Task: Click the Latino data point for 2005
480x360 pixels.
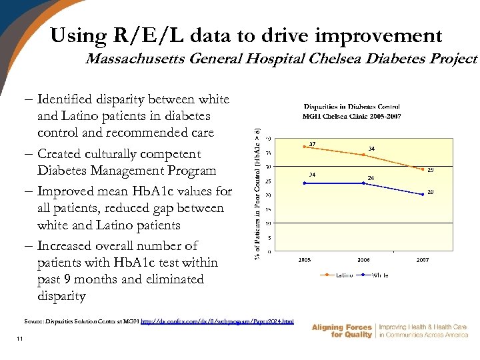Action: tap(304, 147)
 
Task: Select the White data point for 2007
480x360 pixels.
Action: tap(423, 194)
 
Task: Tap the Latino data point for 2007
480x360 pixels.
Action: tap(423, 169)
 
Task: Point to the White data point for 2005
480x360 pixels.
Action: tap(304, 183)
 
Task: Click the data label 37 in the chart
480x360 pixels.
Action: tap(312, 143)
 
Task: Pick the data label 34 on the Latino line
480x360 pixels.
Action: tap(371, 148)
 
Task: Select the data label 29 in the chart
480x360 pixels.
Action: tap(431, 170)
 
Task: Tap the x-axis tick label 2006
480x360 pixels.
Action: tap(363, 260)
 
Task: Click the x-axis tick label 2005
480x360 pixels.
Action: tap(304, 260)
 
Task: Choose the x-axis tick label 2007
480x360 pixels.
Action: tap(423, 260)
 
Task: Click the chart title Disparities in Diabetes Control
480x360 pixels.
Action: tap(351, 107)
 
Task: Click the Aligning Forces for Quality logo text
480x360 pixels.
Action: tap(341, 331)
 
